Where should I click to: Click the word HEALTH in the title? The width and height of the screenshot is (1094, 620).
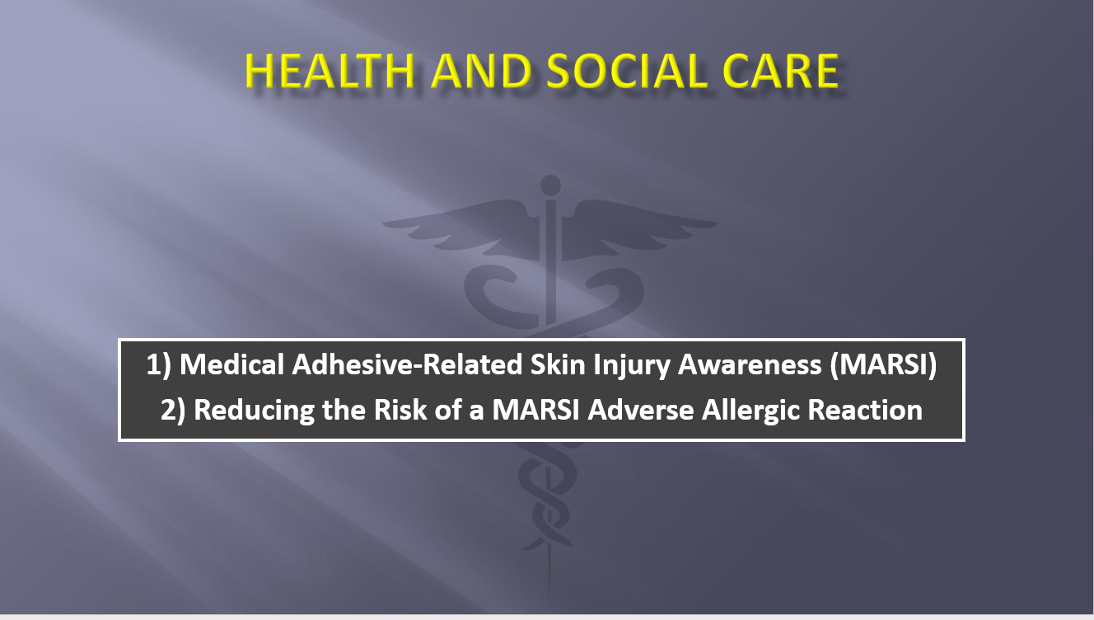(x=330, y=70)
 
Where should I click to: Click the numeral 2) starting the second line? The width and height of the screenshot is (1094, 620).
(x=174, y=411)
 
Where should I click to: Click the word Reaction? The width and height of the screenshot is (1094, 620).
(x=876, y=410)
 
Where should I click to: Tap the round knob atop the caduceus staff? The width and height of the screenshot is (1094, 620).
(x=549, y=186)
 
